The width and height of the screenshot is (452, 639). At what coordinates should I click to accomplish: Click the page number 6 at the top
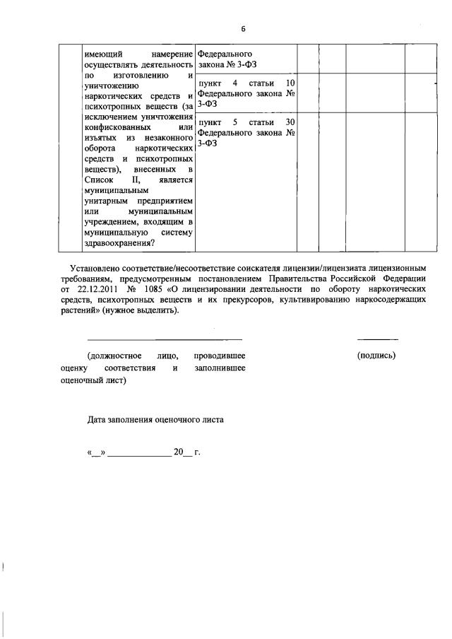(242, 29)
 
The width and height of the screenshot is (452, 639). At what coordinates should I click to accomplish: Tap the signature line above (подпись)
(377, 339)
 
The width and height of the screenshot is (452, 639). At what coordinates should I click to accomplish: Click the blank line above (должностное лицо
(165, 339)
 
